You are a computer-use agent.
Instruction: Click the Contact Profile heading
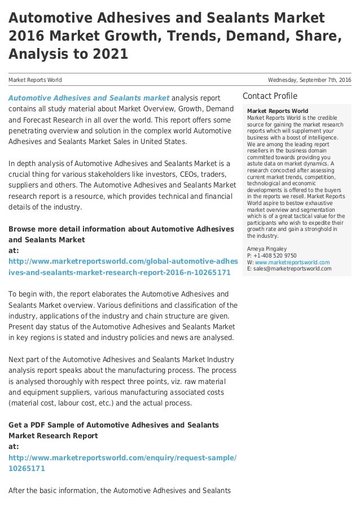(x=270, y=96)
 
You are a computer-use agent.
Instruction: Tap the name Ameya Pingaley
(x=267, y=249)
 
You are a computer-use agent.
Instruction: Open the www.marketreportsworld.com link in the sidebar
(x=292, y=262)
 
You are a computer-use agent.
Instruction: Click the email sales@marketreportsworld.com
(x=293, y=269)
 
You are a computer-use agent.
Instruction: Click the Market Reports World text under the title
(x=35, y=80)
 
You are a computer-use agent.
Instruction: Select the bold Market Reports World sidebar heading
(x=278, y=111)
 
